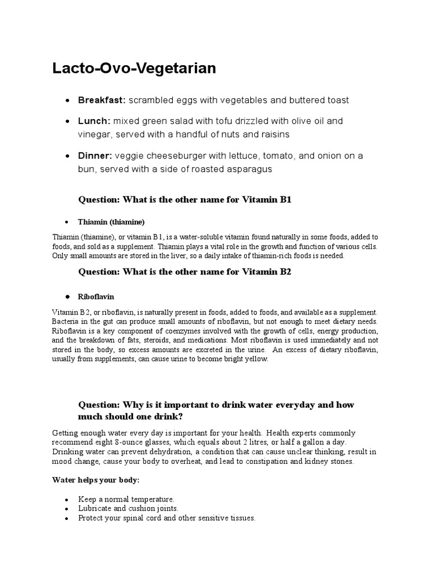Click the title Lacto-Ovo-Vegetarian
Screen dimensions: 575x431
click(x=134, y=69)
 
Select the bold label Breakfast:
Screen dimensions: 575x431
click(x=102, y=101)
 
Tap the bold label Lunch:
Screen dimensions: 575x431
click(x=94, y=121)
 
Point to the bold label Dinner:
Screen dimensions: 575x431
click(x=95, y=156)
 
